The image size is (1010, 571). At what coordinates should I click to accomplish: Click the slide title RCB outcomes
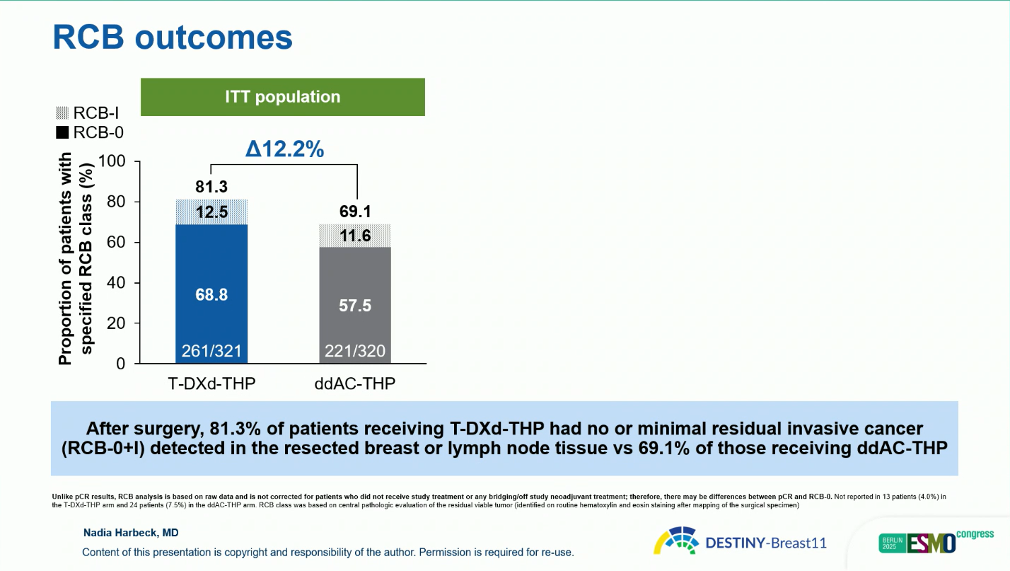173,38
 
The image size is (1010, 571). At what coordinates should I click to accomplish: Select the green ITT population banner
283,97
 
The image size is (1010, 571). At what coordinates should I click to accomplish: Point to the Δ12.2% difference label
284,149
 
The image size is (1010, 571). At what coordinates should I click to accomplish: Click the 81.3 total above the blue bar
211,187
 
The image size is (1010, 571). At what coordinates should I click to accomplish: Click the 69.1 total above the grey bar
356,212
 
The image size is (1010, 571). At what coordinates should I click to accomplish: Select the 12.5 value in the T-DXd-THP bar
211,212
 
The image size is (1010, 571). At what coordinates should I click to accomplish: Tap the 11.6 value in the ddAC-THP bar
356,236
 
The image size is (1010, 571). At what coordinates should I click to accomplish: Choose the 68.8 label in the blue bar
211,294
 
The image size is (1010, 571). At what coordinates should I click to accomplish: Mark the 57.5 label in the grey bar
356,306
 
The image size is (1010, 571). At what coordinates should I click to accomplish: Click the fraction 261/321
211,351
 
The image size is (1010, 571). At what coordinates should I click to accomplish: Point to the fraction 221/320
356,351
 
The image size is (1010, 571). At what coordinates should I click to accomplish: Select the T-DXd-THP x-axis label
211,383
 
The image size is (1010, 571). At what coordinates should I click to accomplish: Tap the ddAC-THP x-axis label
355,383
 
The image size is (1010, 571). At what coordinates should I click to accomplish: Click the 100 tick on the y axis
112,161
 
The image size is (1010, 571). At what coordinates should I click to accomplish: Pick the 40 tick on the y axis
116,283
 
